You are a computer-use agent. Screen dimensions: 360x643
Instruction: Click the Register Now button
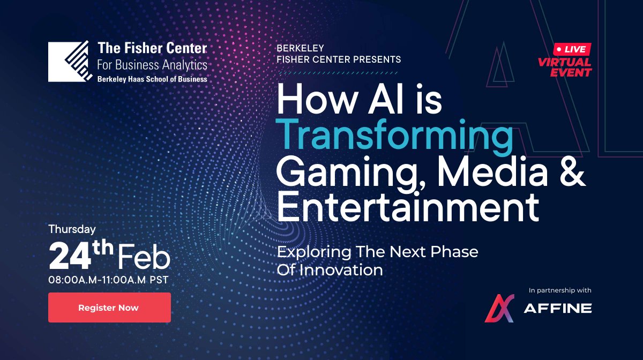(109, 307)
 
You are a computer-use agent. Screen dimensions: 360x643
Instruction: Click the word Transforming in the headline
(394, 136)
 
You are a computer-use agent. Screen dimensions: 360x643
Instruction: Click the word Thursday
(72, 229)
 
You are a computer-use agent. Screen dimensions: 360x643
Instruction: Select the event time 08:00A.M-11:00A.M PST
(109, 279)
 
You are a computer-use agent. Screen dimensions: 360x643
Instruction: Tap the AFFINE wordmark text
(557, 309)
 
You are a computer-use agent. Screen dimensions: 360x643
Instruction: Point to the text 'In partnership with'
(560, 290)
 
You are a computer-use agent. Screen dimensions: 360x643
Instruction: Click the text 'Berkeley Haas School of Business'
(152, 78)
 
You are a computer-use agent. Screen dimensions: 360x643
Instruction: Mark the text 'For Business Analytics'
(152, 65)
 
